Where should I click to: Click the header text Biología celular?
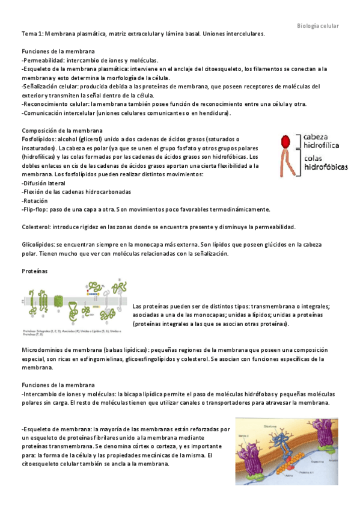tap(318, 26)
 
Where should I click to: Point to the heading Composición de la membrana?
tap(62, 131)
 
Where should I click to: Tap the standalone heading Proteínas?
tap(34, 271)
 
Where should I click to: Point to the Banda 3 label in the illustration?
tap(243, 435)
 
